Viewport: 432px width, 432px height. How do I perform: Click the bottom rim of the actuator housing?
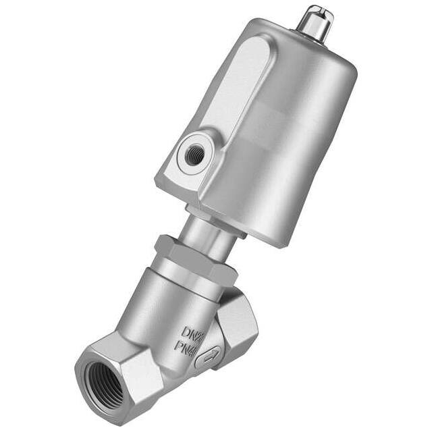tap(270, 236)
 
